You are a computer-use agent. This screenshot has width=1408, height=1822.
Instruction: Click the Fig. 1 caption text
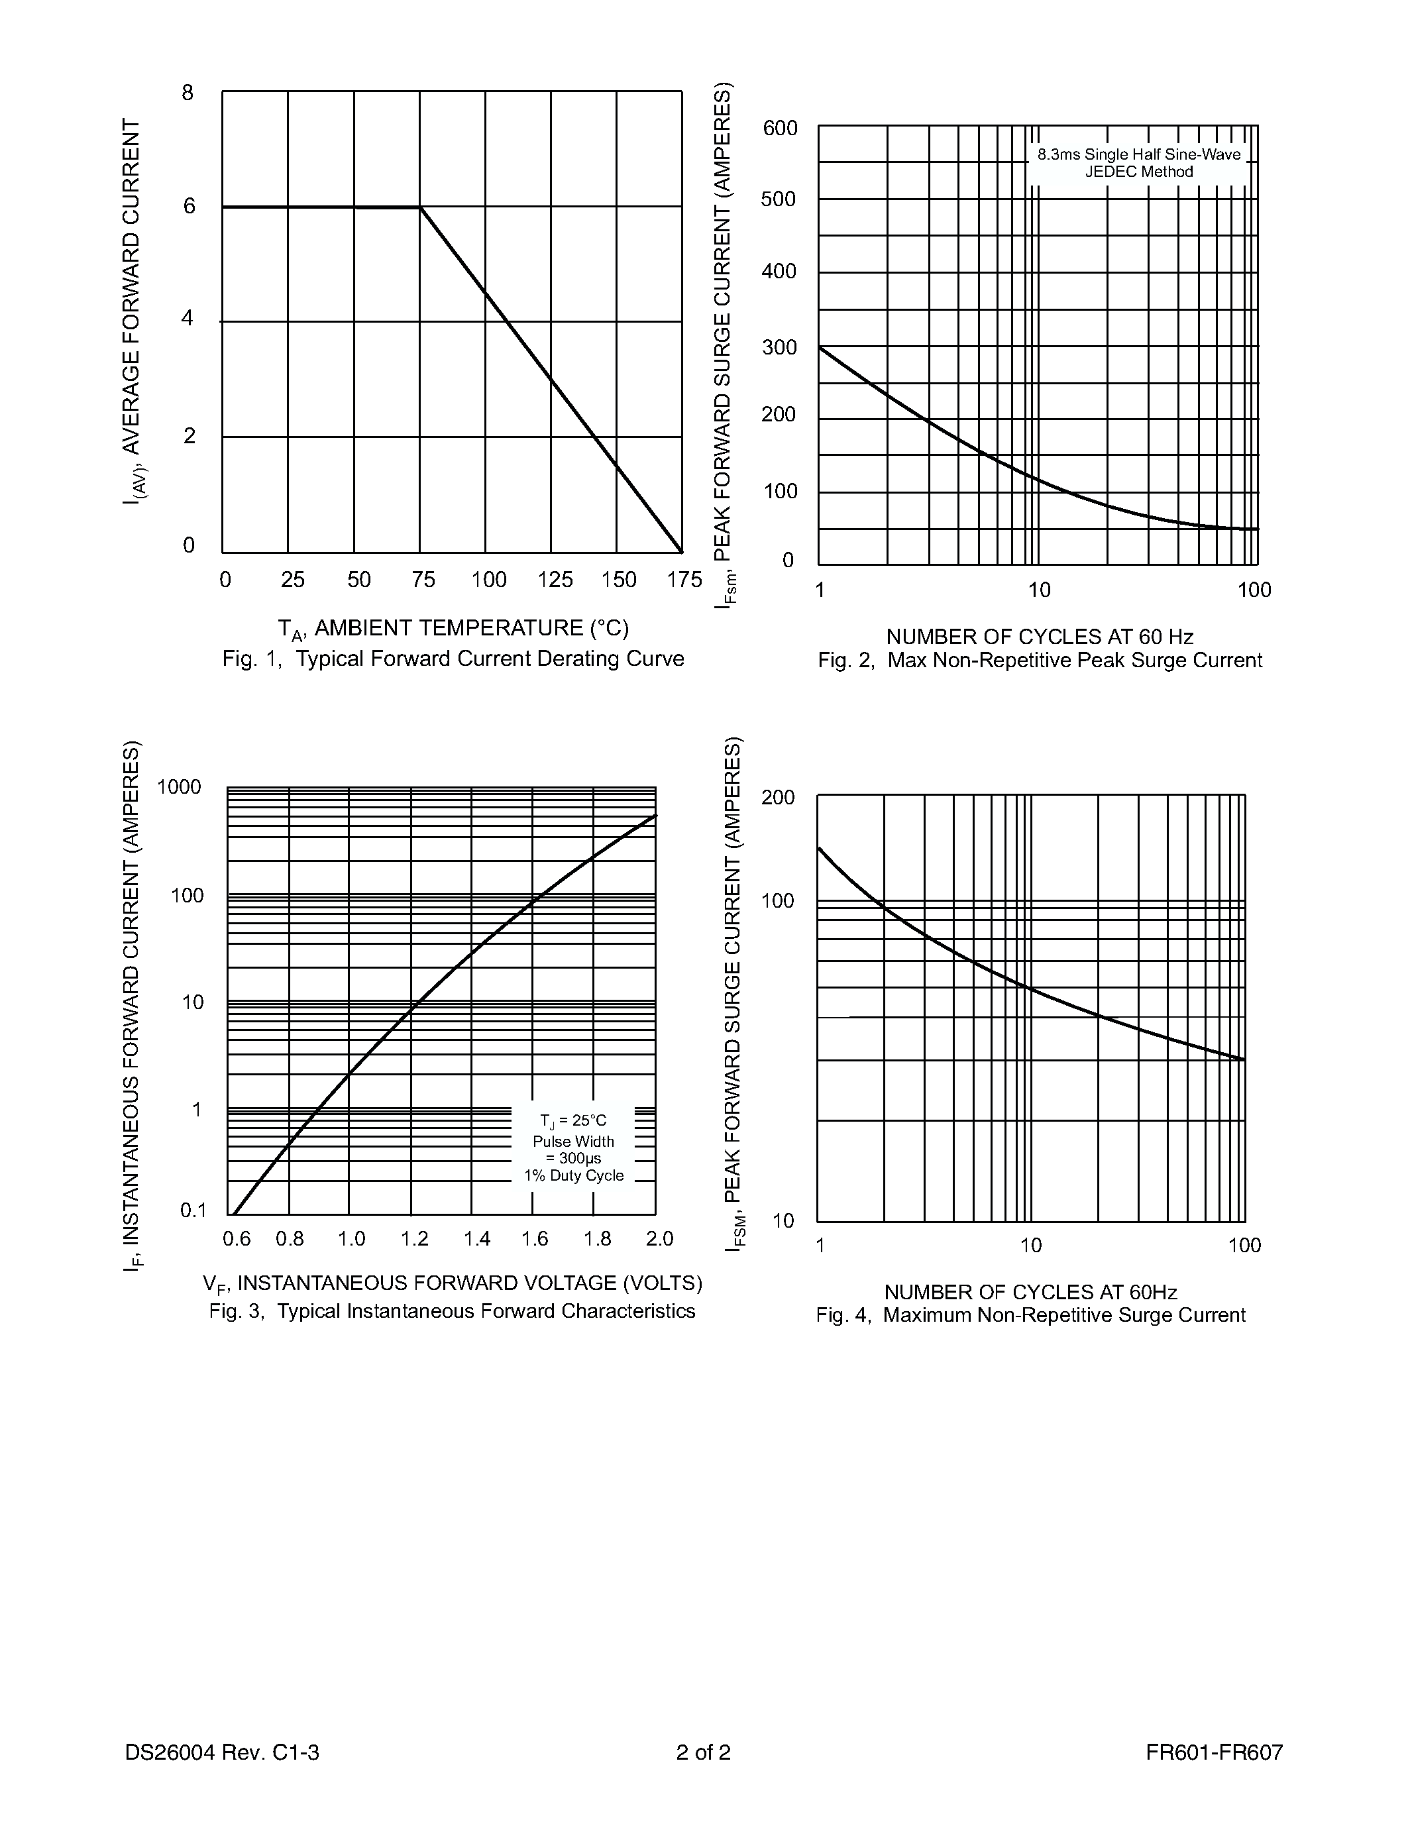[453, 659]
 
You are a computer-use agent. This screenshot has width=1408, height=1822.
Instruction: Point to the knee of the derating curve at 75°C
[419, 207]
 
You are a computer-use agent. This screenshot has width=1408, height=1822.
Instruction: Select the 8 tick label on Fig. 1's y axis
[188, 93]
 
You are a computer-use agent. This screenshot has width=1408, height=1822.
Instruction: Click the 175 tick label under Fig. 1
[684, 580]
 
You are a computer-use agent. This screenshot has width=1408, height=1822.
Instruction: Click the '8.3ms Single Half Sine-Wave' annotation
[1138, 154]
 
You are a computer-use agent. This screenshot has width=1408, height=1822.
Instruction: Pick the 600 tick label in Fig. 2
[780, 129]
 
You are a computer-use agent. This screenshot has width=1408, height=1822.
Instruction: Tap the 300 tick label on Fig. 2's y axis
[780, 347]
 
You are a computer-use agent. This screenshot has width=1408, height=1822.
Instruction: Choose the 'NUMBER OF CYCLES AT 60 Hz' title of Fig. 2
[1040, 637]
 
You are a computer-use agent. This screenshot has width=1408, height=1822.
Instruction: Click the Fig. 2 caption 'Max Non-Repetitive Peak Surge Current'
[1040, 661]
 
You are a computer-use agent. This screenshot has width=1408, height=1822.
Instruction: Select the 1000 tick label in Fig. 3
[180, 786]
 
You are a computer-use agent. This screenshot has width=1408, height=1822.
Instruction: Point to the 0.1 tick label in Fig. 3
[193, 1210]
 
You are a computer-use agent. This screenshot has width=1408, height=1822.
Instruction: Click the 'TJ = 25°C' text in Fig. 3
[573, 1120]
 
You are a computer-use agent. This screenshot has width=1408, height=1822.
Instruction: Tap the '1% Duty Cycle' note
[574, 1175]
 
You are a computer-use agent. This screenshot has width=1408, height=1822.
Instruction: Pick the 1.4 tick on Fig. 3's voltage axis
[477, 1239]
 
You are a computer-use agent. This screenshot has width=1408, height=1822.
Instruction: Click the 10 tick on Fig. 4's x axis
[1031, 1246]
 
